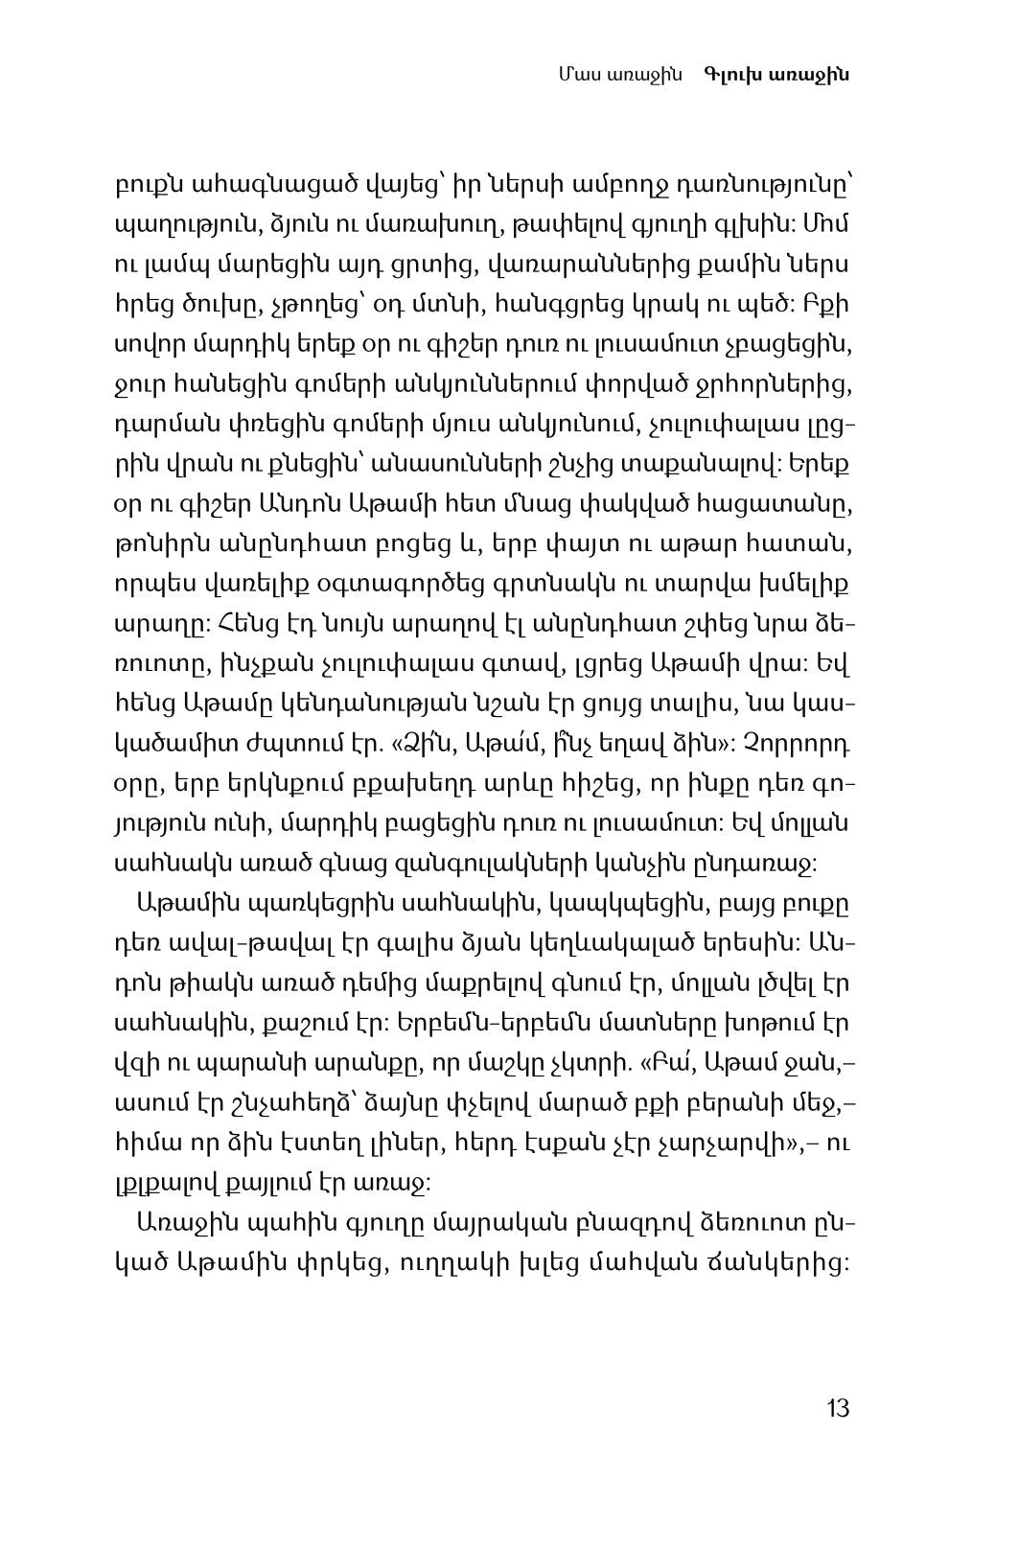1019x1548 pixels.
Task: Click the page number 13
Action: click(x=837, y=1408)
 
